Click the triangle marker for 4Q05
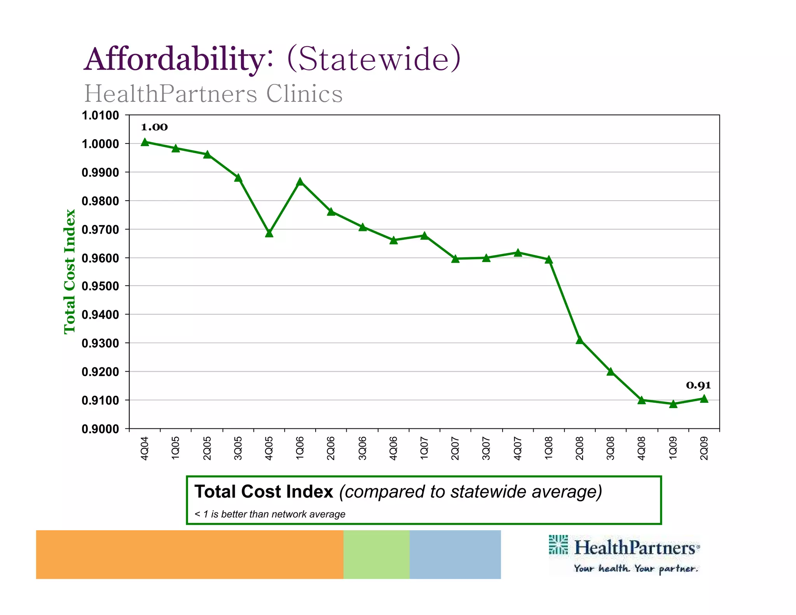click(269, 233)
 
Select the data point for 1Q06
click(300, 182)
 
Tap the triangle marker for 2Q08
click(580, 340)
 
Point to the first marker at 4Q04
click(145, 142)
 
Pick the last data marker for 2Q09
click(704, 398)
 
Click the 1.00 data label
click(154, 127)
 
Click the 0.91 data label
click(698, 385)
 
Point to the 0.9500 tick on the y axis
click(100, 286)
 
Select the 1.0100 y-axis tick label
click(100, 115)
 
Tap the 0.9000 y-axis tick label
click(100, 429)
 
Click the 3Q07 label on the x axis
click(486, 448)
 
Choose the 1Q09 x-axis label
click(673, 448)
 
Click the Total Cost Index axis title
click(69, 271)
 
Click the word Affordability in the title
click(174, 59)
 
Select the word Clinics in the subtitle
click(304, 94)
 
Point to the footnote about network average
click(270, 514)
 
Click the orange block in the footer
click(189, 554)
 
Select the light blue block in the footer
click(455, 554)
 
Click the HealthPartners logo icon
click(558, 544)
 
